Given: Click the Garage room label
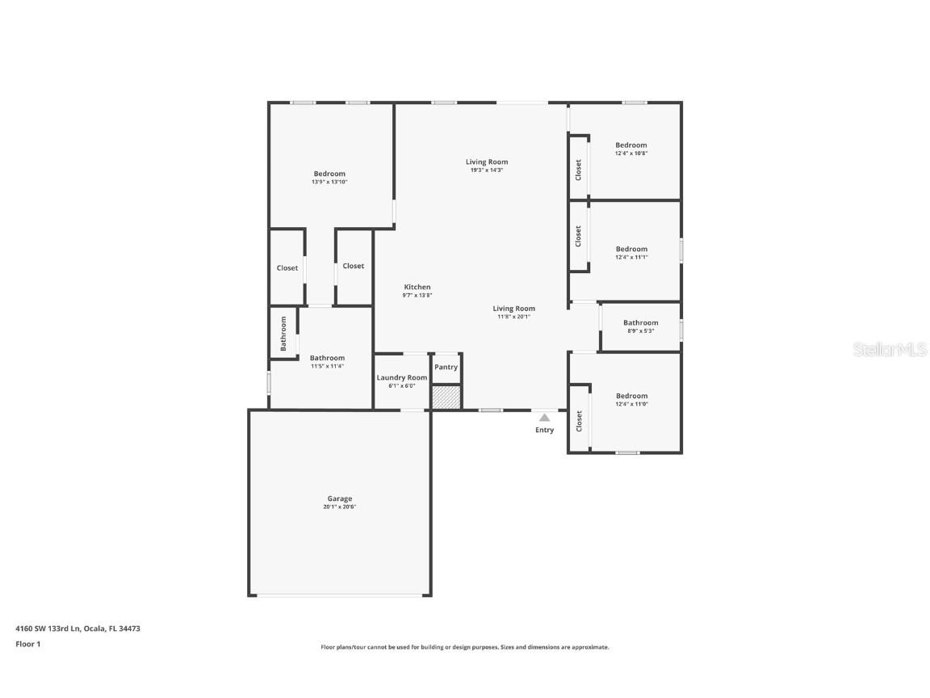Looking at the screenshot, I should pyautogui.click(x=339, y=498).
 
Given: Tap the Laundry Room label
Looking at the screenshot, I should pyautogui.click(x=402, y=377).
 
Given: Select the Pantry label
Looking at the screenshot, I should pyautogui.click(x=446, y=367).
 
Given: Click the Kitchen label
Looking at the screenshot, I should pyautogui.click(x=417, y=287).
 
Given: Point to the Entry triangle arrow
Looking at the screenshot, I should pyautogui.click(x=544, y=418).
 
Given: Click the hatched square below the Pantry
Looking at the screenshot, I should pyautogui.click(x=446, y=397).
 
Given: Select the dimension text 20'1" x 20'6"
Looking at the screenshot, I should pyautogui.click(x=339, y=507).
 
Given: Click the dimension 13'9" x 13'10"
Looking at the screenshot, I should pyautogui.click(x=329, y=183).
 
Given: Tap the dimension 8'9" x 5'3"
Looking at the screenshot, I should pyautogui.click(x=640, y=331).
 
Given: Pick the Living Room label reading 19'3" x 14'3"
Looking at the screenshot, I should pyautogui.click(x=487, y=162).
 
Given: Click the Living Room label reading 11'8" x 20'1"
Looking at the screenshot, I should pyautogui.click(x=514, y=309).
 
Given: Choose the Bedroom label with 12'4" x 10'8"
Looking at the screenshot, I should pyautogui.click(x=631, y=145).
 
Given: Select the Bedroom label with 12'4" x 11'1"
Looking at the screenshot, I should pyautogui.click(x=631, y=249).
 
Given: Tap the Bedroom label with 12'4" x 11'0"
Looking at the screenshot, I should pyautogui.click(x=631, y=396).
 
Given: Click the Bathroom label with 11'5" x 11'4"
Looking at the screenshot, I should pyautogui.click(x=327, y=358).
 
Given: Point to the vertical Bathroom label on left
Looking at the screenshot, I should pyautogui.click(x=283, y=333).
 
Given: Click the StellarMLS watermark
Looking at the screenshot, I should pyautogui.click(x=892, y=350).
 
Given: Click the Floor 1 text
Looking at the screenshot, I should pyautogui.click(x=27, y=644).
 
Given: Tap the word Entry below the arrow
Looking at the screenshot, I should pyautogui.click(x=545, y=430).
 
